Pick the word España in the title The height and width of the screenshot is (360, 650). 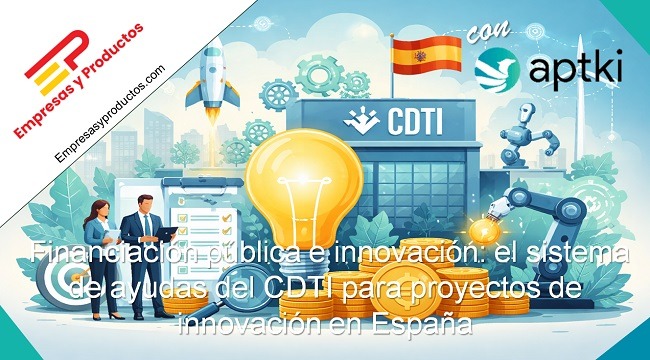tap(421, 325)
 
